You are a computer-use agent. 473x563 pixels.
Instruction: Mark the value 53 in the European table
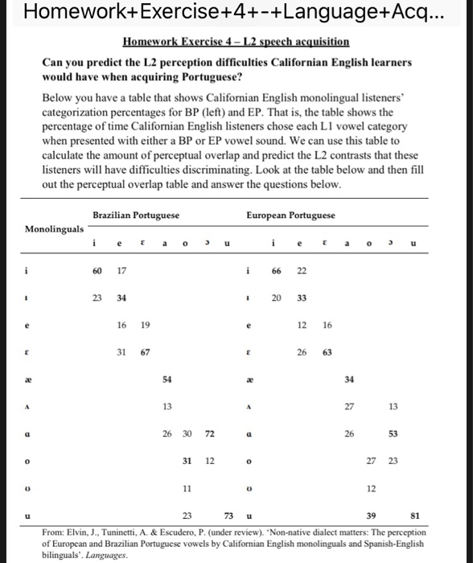click(394, 434)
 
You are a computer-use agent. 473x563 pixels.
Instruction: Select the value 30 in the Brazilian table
click(187, 434)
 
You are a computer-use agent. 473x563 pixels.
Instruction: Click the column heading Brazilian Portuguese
click(136, 215)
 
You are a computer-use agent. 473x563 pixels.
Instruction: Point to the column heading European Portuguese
click(291, 215)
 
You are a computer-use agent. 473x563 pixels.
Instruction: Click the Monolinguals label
click(54, 228)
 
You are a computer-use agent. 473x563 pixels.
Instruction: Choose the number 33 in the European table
click(302, 298)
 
